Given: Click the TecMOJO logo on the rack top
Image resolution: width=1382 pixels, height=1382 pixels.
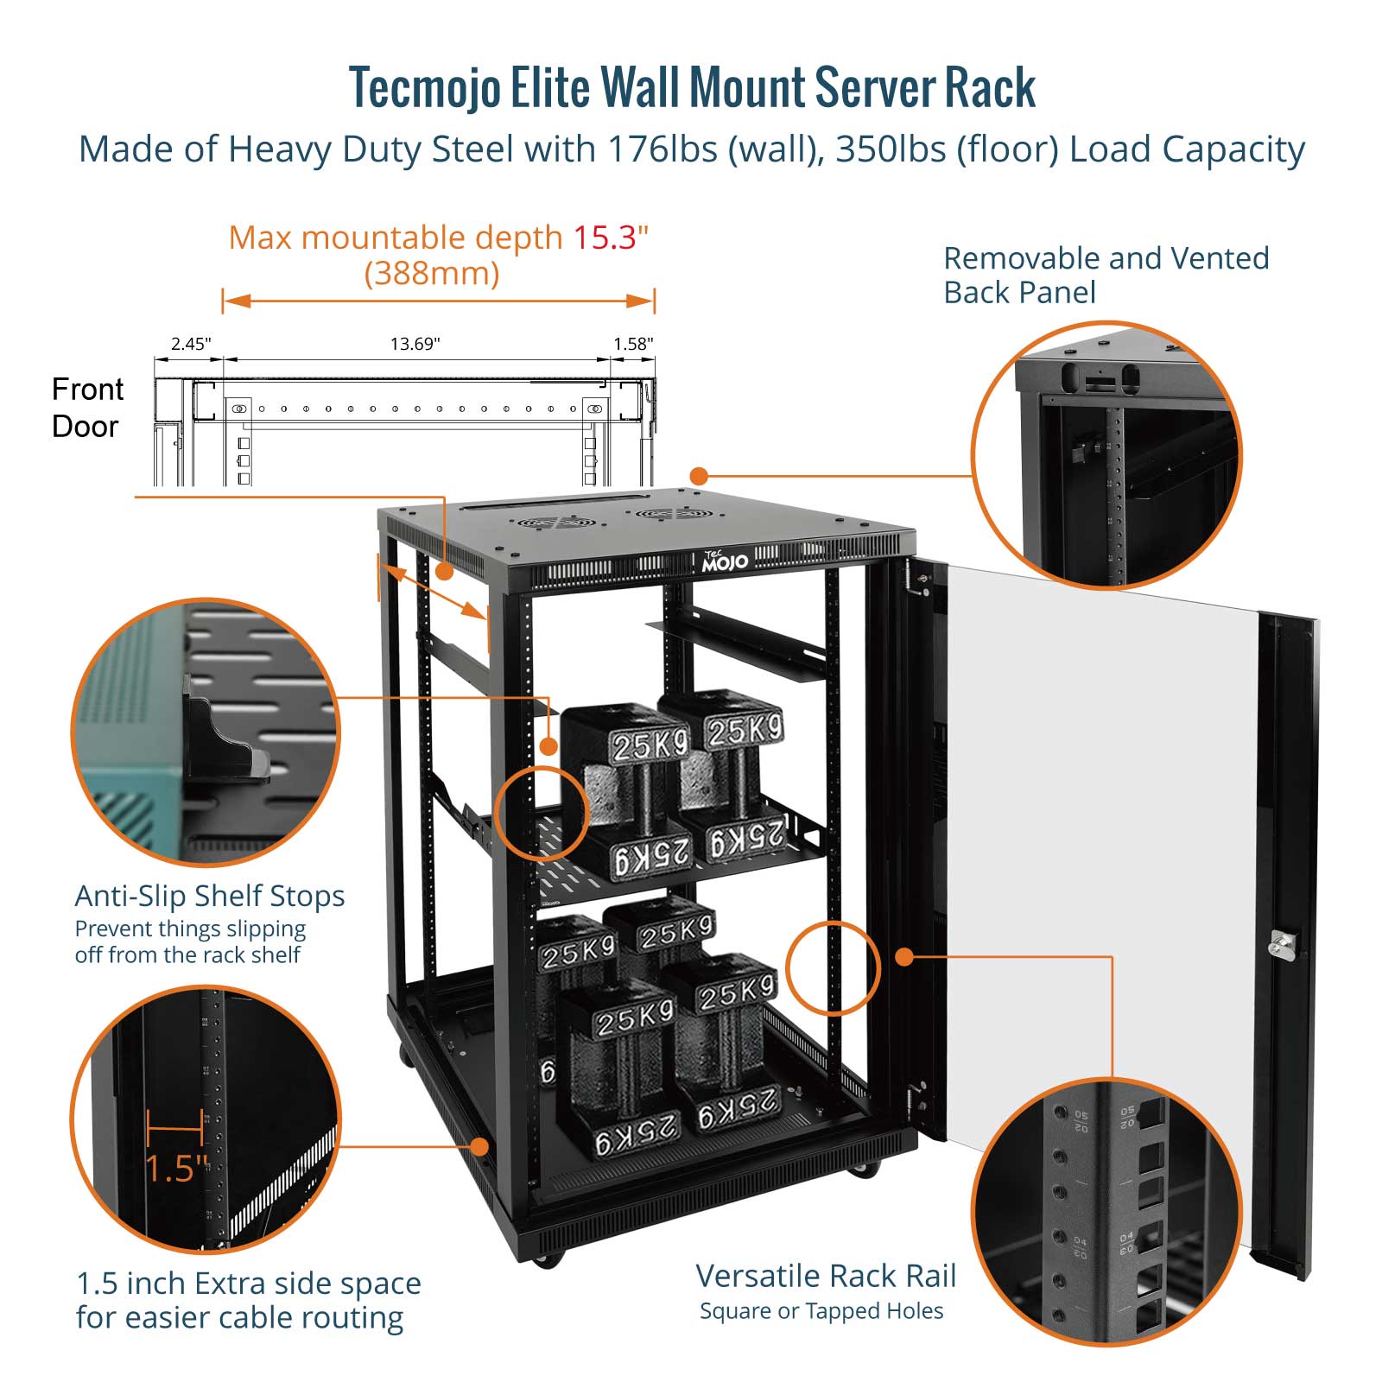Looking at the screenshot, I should [724, 561].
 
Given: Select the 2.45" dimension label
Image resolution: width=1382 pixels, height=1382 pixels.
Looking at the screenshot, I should [191, 344].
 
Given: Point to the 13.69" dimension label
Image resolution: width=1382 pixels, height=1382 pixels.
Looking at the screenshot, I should [415, 344].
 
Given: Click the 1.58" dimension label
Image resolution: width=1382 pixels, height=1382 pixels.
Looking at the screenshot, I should [633, 344].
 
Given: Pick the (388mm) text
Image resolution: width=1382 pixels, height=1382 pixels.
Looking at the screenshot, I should [432, 274].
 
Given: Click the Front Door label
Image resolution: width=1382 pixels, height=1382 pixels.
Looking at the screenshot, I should [87, 408].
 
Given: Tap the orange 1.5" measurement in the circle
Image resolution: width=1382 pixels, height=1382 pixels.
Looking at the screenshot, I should [176, 1168].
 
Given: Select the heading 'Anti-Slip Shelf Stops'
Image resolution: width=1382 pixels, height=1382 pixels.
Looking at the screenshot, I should [210, 896].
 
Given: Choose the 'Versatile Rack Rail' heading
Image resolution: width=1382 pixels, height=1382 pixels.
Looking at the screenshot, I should [826, 1276].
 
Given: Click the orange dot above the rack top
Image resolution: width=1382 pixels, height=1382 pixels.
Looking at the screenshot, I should [699, 476].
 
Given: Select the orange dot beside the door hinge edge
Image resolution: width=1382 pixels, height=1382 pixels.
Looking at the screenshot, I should [904, 957].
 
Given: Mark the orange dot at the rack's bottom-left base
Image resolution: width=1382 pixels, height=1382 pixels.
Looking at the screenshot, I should [479, 1147].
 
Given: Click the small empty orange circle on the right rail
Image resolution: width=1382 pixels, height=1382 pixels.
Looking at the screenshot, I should [833, 967].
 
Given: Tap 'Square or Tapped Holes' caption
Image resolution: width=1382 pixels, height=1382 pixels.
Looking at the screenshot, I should [821, 1311].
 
